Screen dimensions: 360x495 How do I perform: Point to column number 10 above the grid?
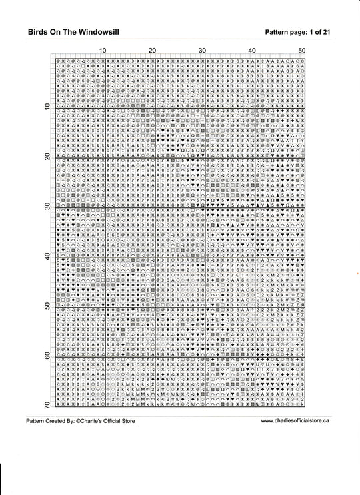[103, 51]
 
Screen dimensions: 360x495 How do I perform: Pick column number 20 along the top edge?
[153, 51]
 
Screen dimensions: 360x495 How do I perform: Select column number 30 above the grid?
[202, 51]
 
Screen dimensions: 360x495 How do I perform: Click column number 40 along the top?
[252, 51]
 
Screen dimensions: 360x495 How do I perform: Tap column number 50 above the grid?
[301, 51]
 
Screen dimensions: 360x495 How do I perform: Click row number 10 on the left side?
[47, 106]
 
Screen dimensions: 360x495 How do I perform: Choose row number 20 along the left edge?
[47, 156]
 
